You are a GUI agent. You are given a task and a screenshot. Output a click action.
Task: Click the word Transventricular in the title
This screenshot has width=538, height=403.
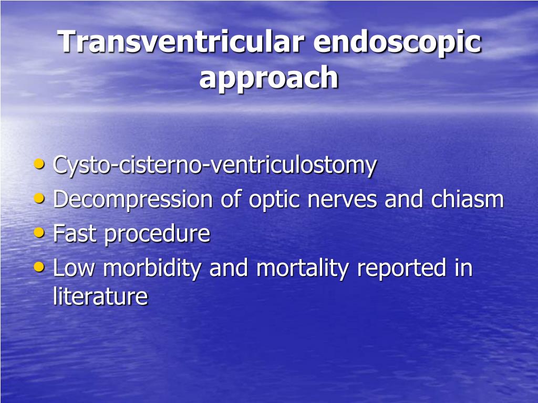[x=181, y=41]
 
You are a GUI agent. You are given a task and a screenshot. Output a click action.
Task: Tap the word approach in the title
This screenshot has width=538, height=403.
[x=268, y=79]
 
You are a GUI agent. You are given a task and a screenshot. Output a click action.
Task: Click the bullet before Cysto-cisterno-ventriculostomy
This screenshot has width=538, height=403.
[x=39, y=163]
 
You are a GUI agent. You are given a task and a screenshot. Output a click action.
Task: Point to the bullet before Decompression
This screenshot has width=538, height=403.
[x=39, y=198]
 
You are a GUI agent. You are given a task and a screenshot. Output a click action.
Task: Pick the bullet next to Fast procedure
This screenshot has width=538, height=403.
[x=39, y=232]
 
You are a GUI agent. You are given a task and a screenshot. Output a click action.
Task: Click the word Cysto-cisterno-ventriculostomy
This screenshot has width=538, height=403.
[x=215, y=166]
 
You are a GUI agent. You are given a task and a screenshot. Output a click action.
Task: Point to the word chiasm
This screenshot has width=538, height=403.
[x=467, y=199]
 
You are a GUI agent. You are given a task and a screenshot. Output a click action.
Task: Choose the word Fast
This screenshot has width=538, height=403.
[x=75, y=234]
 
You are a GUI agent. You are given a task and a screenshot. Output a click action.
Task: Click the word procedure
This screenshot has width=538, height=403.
[x=157, y=235]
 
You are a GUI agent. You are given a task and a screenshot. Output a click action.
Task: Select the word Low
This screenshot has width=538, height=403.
[x=74, y=268]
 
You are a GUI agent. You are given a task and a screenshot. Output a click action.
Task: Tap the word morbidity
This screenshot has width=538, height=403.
[x=152, y=269]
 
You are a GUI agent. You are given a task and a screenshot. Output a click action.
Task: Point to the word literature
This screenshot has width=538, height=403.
[x=100, y=296]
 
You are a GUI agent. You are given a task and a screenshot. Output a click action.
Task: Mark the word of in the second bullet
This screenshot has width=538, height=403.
[x=231, y=199]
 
